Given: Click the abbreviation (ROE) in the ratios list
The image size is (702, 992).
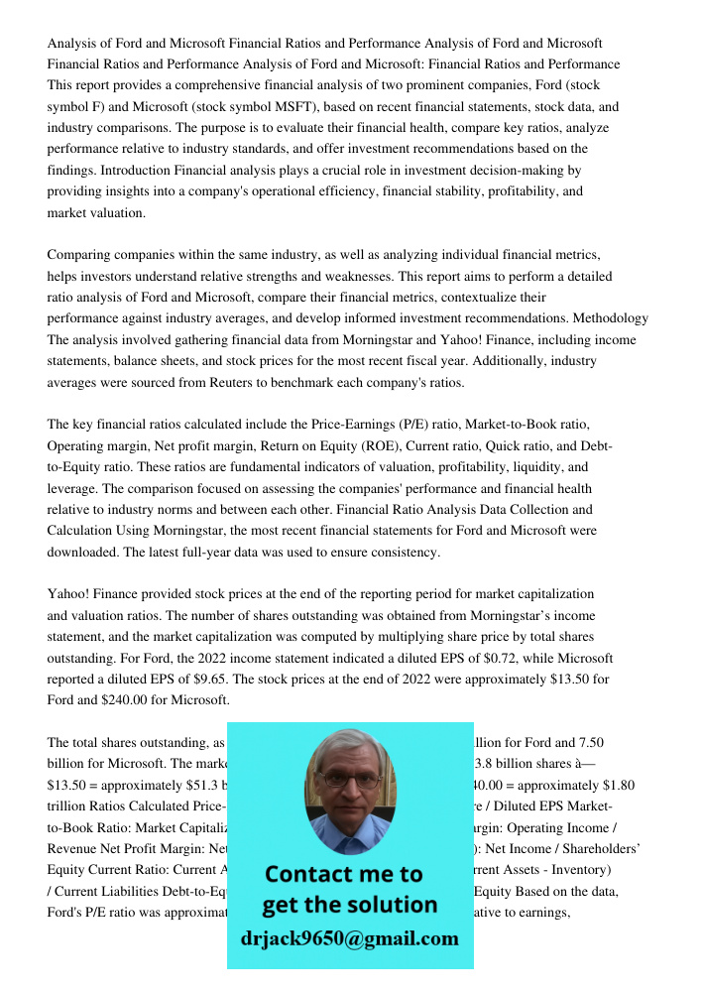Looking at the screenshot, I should [x=365, y=446].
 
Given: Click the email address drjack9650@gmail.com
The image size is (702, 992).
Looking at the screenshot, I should [x=349, y=937].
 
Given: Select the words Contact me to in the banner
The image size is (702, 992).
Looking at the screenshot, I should [x=343, y=875].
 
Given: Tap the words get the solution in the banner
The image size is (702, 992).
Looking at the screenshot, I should [x=349, y=905].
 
